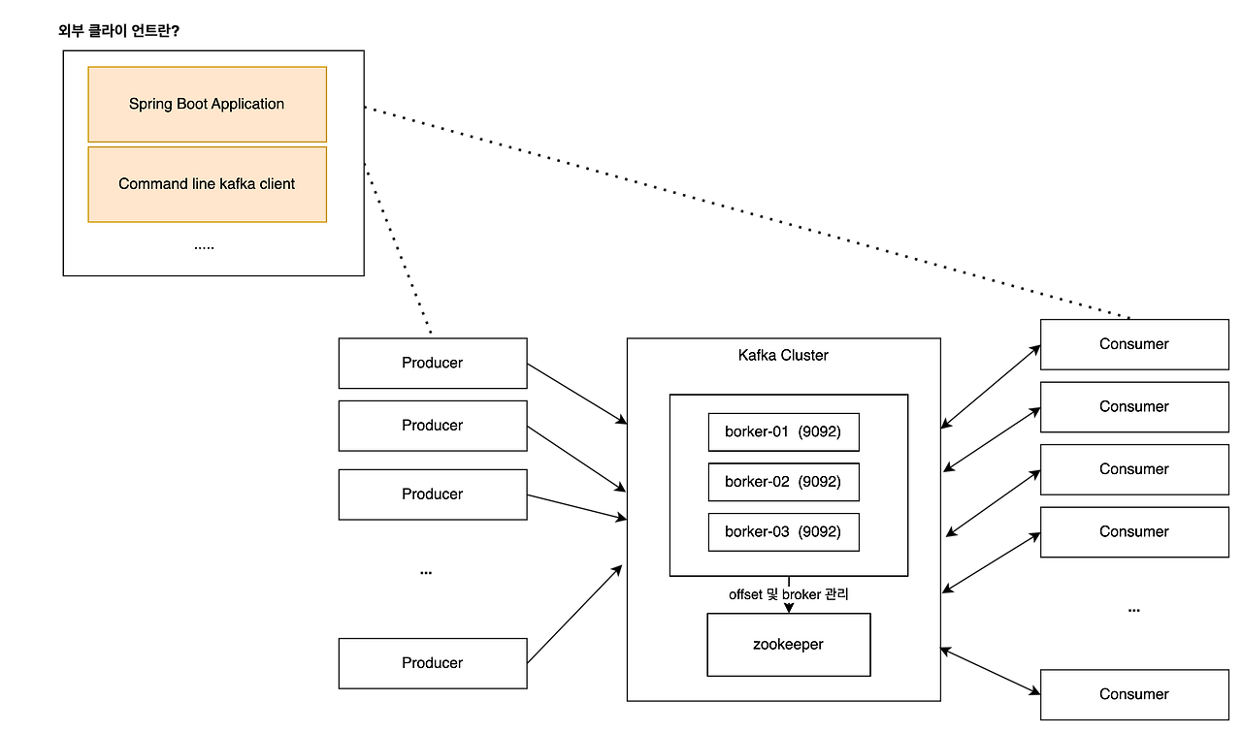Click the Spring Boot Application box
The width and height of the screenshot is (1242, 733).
click(x=207, y=104)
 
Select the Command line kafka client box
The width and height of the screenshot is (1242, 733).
click(x=207, y=184)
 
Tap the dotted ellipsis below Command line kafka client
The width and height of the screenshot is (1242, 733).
click(x=204, y=247)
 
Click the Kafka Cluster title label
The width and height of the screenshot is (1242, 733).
click(x=783, y=356)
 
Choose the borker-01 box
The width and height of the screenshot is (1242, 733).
click(x=783, y=432)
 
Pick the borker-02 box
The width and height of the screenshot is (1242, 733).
click(x=783, y=482)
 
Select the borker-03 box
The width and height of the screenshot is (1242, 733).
click(x=783, y=532)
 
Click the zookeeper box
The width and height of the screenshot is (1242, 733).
click(x=788, y=645)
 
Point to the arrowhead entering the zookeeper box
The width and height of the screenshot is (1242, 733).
click(x=789, y=607)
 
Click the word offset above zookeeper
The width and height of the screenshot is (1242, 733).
click(x=745, y=594)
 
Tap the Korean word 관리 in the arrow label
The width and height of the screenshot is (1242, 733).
click(x=836, y=594)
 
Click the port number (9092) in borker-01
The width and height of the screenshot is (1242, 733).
click(x=820, y=432)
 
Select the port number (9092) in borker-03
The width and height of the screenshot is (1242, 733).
click(x=820, y=532)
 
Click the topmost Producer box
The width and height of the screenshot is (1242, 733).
click(x=433, y=363)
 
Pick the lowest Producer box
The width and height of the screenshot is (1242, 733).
click(x=433, y=663)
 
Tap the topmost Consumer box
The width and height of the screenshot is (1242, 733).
click(x=1133, y=344)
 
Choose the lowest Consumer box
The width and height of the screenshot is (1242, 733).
click(x=1133, y=694)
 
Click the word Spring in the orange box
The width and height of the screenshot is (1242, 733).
click(x=150, y=104)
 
